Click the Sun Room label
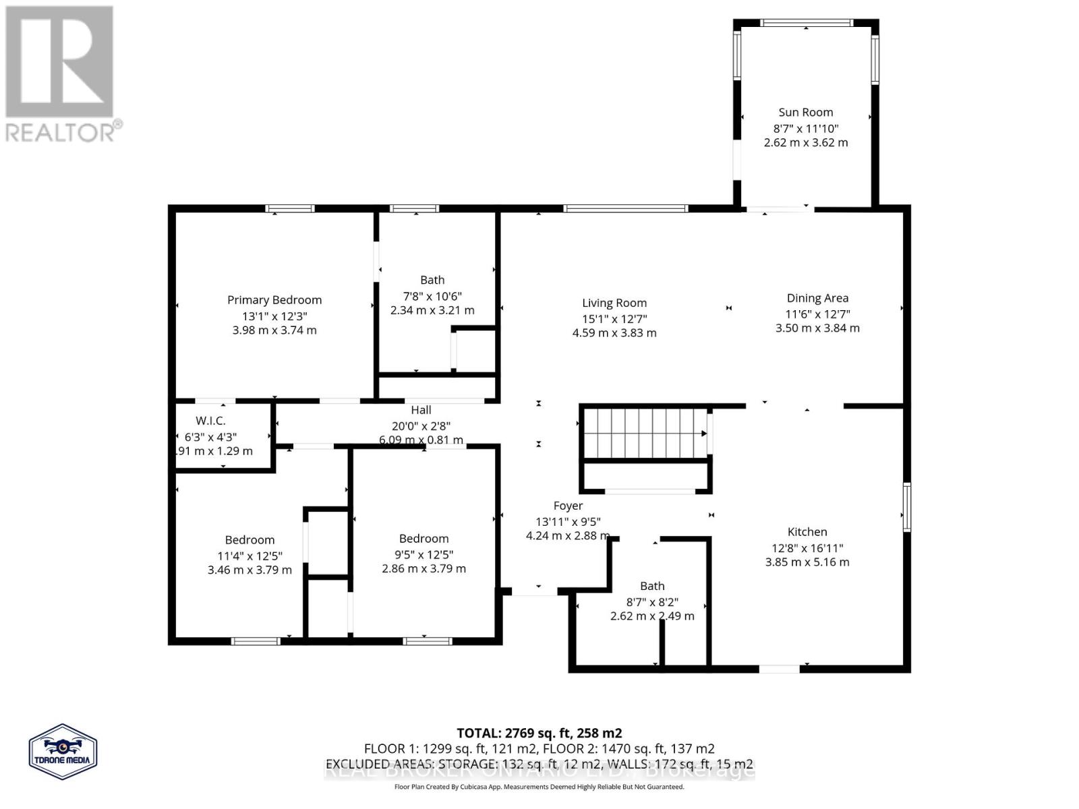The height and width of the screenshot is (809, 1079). coord(805,113)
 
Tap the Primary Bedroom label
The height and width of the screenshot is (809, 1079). coord(274,300)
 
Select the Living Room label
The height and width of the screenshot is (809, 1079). coord(614,303)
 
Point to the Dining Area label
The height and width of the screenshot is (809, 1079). coord(817,298)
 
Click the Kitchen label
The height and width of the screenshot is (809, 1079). coord(807,532)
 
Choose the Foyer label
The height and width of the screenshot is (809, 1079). coord(568,506)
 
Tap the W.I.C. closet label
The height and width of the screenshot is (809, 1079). coord(210,421)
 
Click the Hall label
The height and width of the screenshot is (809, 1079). coord(421,410)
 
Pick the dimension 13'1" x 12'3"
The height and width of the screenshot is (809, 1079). coord(274,316)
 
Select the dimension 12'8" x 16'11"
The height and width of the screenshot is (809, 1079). coord(807,548)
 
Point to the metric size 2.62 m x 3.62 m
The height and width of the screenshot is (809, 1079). coord(805,143)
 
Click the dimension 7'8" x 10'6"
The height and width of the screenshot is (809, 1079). coord(432,296)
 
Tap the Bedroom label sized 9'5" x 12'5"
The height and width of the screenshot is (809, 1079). coord(424,539)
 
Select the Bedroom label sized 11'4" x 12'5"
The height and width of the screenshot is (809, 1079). coord(250,540)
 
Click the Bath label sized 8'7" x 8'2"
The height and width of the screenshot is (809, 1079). coord(652,587)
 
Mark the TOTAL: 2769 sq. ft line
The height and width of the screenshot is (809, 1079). coord(539,733)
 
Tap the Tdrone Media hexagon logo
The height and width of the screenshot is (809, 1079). coord(63,752)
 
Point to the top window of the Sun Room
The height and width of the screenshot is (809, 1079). coord(806,23)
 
